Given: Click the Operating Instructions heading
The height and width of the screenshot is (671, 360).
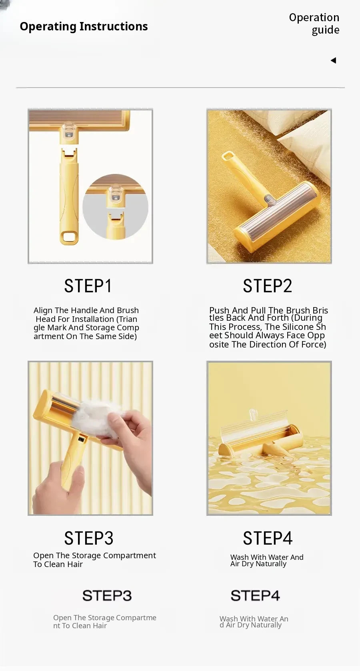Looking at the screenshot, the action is pyautogui.click(x=84, y=26).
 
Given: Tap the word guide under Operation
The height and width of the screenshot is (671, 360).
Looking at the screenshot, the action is pyautogui.click(x=326, y=30).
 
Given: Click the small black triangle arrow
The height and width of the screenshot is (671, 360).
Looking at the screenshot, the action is pyautogui.click(x=333, y=60).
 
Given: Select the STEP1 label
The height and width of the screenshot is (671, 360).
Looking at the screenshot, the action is pyautogui.click(x=88, y=286).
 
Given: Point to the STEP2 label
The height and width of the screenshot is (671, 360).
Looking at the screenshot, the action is pyautogui.click(x=267, y=286).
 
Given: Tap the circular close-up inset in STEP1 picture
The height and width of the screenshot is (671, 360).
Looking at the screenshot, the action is pyautogui.click(x=116, y=207).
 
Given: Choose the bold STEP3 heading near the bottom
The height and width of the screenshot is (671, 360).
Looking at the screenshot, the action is pyautogui.click(x=107, y=595).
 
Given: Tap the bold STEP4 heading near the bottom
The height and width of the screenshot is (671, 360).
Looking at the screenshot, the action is pyautogui.click(x=255, y=595).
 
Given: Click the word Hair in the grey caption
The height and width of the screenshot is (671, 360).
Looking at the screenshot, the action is pyautogui.click(x=100, y=626).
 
